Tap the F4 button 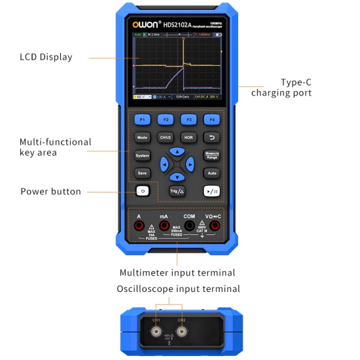coord(211,120)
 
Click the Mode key coord(143,137)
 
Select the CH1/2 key coord(165,137)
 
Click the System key coord(143,156)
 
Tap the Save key coord(143,173)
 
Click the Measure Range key coord(211,156)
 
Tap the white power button coord(143,191)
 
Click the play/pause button coord(211,191)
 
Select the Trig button coord(177,191)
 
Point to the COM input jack coord(189,226)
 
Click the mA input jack coord(164,226)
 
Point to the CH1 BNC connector coord(156,332)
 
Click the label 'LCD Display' coord(46,57)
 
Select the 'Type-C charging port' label coord(281,88)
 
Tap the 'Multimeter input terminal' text coord(177,272)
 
